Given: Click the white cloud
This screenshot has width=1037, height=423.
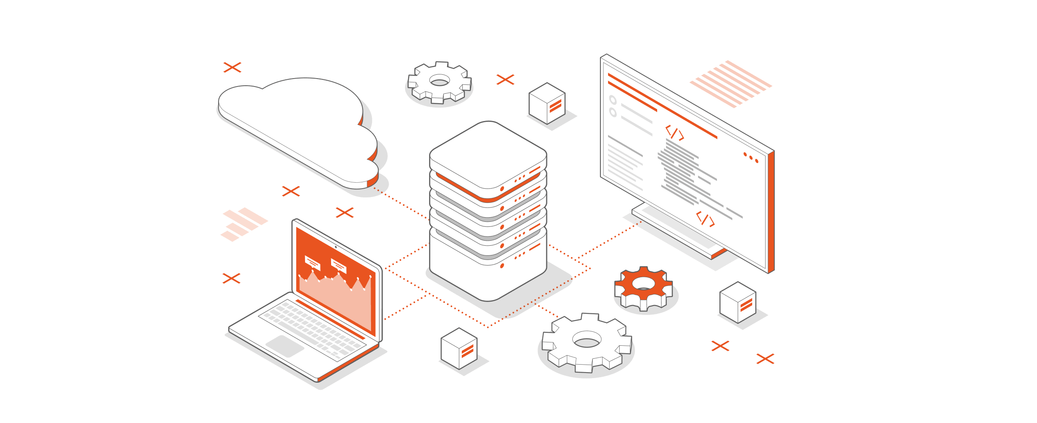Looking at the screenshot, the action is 294,126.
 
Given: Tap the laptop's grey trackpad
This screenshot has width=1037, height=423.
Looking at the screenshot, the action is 285,346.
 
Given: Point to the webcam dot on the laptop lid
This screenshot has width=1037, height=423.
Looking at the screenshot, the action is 336,247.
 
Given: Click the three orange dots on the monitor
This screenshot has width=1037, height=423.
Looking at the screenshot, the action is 751,158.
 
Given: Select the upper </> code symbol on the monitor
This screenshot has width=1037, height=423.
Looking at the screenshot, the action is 675,133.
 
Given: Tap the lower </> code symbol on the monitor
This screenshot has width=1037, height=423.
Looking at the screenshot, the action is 705,219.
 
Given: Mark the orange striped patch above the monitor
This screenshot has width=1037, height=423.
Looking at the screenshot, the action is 731,83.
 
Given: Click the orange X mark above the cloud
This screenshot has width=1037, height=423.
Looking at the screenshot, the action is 232,67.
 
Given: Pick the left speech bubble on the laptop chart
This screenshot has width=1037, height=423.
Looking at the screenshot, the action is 312,263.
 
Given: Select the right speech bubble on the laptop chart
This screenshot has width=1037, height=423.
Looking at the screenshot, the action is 339,265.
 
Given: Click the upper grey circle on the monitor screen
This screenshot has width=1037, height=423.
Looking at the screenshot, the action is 613,100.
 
